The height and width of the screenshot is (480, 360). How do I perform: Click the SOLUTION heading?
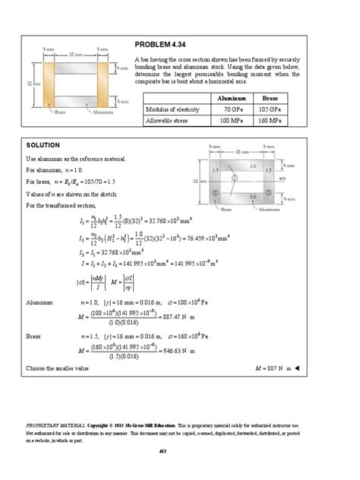click(x=43, y=144)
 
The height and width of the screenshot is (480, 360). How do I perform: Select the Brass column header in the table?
click(x=270, y=99)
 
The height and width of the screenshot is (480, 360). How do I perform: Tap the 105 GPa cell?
click(x=270, y=110)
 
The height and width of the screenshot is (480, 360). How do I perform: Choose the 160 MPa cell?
click(x=270, y=121)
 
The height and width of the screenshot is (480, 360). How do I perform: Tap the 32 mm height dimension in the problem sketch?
click(x=29, y=84)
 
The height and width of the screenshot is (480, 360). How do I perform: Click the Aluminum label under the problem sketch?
click(x=103, y=112)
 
